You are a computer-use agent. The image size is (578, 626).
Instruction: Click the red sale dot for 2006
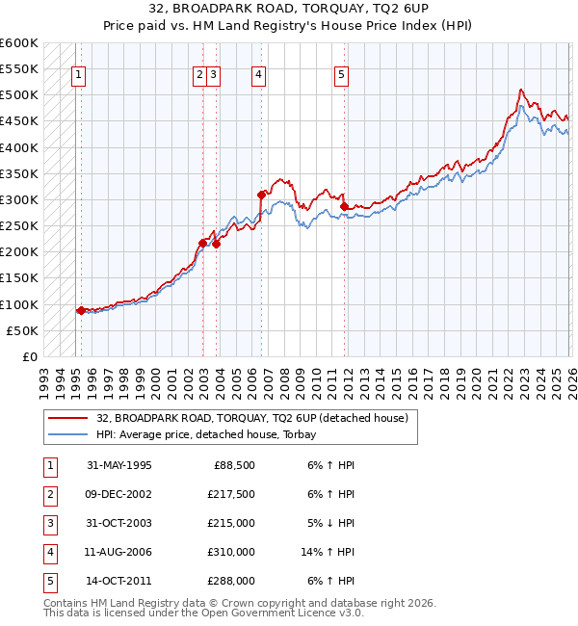pyautogui.click(x=261, y=195)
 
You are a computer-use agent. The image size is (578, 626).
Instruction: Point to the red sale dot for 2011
pyautogui.click(x=344, y=206)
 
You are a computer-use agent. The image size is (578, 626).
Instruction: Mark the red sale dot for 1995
pyautogui.click(x=81, y=310)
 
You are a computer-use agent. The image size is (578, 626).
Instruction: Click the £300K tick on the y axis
pyautogui.click(x=19, y=199)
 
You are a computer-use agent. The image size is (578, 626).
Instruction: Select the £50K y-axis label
pyautogui.click(x=23, y=330)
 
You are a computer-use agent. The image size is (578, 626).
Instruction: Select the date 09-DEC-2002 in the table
pyautogui.click(x=118, y=495)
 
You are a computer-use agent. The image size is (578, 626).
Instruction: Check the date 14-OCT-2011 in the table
pyautogui.click(x=118, y=582)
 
